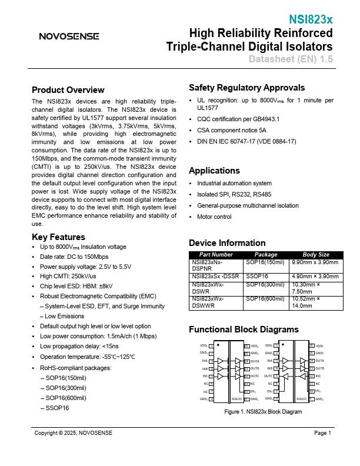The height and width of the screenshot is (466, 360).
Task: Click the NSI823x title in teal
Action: click(x=310, y=19)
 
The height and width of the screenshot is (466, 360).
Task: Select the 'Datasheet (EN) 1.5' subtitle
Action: click(x=290, y=59)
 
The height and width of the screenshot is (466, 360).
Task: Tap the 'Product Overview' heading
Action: click(x=68, y=90)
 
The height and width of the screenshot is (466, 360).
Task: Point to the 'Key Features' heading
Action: click(x=58, y=237)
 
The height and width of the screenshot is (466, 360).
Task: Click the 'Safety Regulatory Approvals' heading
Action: click(x=246, y=88)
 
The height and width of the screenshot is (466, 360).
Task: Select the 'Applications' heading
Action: click(x=214, y=171)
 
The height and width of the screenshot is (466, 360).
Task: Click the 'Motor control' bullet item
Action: click(x=214, y=217)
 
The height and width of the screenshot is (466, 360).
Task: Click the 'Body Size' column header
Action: click(x=315, y=255)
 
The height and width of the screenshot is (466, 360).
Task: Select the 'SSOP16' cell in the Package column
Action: click(x=256, y=276)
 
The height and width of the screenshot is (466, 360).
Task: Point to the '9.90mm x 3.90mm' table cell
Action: click(x=315, y=262)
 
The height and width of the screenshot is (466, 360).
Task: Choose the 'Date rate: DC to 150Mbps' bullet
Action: click(x=74, y=257)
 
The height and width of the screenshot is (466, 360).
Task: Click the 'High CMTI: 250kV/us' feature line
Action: click(x=68, y=276)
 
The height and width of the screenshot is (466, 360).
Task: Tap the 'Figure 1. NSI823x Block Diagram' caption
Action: click(x=263, y=412)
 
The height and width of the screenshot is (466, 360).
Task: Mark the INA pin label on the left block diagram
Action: click(x=204, y=361)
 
